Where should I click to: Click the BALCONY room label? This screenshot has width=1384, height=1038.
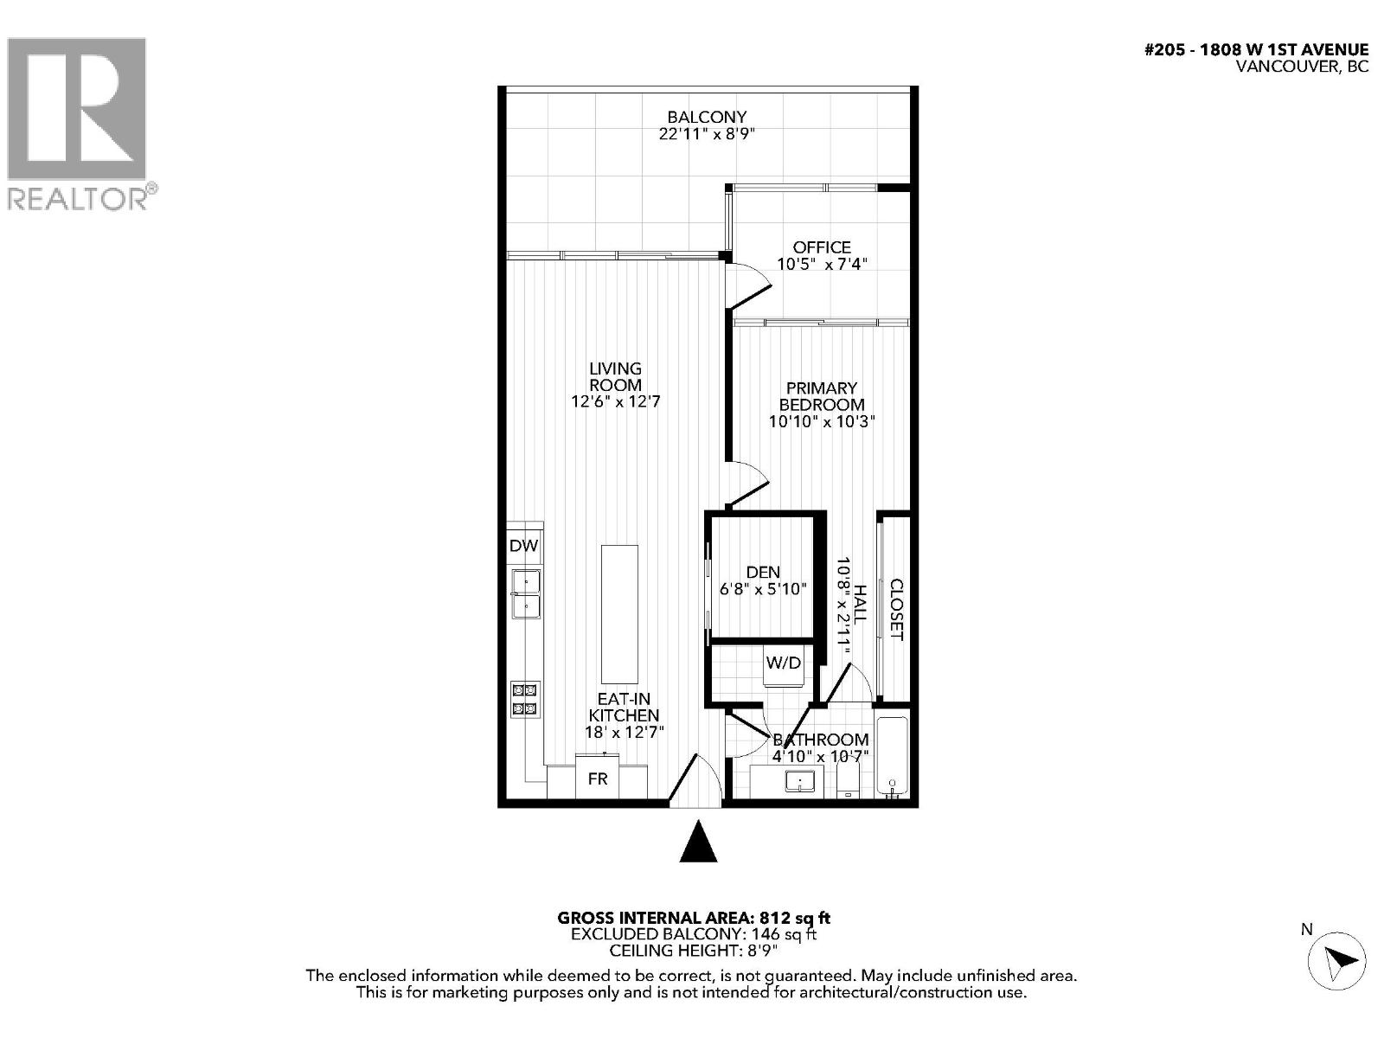click(706, 117)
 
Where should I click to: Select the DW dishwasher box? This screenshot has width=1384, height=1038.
click(523, 546)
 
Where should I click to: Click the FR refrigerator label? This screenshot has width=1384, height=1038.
click(598, 778)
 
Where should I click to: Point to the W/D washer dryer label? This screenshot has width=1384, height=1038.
click(784, 663)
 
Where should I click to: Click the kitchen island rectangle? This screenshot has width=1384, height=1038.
click(619, 614)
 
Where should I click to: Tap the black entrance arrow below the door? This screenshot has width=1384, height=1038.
click(698, 842)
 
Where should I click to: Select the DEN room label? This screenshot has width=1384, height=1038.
click(762, 572)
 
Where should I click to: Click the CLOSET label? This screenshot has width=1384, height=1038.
click(896, 610)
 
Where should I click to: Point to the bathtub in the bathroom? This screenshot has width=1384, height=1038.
click(892, 757)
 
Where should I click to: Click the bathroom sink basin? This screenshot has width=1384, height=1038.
click(800, 782)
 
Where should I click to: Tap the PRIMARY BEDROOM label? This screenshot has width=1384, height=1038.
click(821, 396)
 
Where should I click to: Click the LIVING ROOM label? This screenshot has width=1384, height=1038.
click(615, 376)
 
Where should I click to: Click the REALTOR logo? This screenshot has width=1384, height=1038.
click(78, 121)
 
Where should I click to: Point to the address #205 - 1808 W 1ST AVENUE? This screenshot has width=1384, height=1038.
click(1256, 50)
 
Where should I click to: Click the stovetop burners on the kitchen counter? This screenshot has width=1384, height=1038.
click(524, 699)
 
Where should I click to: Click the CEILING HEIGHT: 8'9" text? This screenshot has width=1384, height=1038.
click(694, 951)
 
